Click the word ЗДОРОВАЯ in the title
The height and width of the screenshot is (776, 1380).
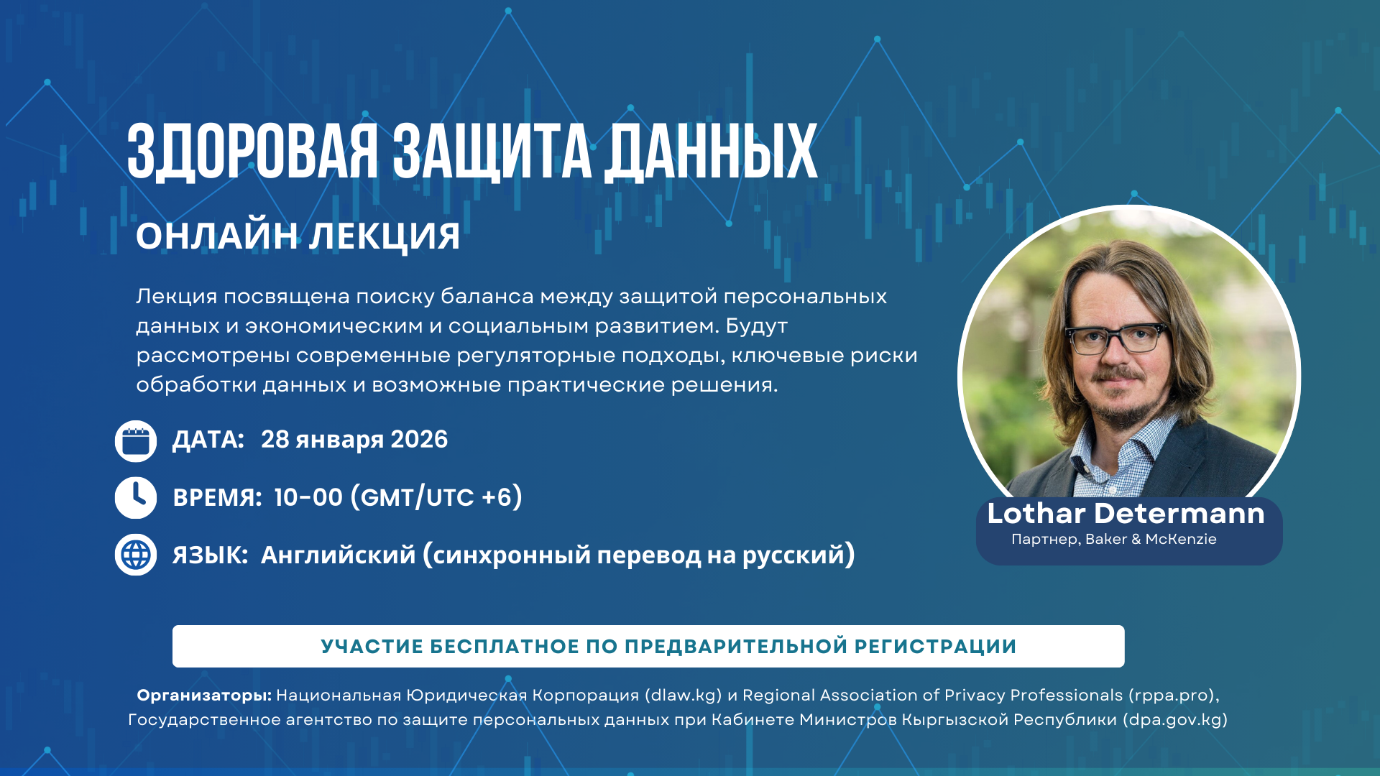coord(252,152)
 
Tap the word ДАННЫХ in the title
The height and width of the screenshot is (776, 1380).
coord(711,153)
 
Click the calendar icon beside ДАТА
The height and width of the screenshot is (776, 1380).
coord(136,441)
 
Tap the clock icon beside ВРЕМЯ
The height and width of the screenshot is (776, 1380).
coord(136,498)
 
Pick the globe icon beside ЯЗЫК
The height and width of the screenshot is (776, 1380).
coord(136,555)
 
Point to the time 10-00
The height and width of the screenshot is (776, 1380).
coord(308,497)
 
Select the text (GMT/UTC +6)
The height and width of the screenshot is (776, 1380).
coord(436,497)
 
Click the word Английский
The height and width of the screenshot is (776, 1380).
coord(338,555)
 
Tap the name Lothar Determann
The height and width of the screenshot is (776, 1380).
coord(1126,514)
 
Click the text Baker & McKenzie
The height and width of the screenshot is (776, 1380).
coord(1151,539)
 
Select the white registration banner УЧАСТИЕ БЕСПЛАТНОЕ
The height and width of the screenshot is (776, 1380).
coord(648,646)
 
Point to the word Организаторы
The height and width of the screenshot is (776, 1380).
coord(204,696)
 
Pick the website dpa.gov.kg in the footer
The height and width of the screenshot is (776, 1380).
coord(1175,720)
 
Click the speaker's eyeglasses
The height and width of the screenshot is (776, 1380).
coord(1116,338)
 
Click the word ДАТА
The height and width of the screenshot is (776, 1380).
coord(208,440)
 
